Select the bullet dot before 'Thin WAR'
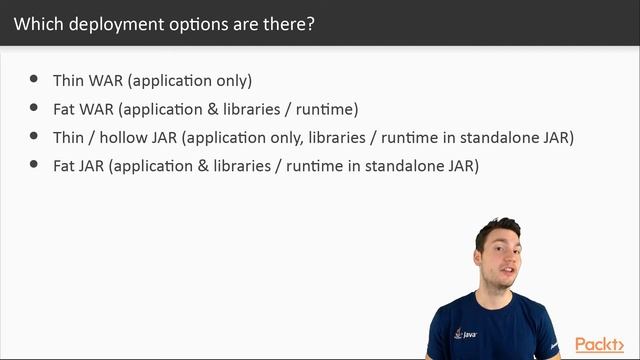pos(34,78)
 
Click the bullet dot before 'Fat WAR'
pos(34,106)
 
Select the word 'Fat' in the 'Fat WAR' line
pos(65,108)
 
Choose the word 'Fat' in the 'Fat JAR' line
pos(65,165)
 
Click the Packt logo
pos(602,344)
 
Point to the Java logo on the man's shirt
pos(461,332)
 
